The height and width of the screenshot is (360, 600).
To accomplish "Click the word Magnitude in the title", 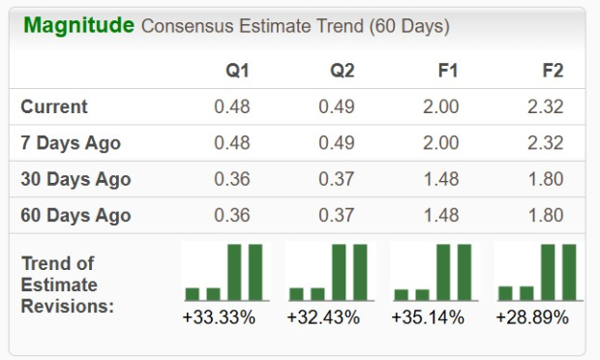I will point(78,25).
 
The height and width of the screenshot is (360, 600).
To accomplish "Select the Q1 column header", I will point(237,72).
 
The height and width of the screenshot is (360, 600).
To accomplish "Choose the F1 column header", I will point(447,72).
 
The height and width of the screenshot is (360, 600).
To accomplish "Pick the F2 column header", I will point(553,72).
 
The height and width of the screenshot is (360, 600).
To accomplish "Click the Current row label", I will point(54,106).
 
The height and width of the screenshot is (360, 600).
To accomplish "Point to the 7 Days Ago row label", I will point(71,142).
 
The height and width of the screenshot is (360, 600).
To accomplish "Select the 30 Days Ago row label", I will point(75,179).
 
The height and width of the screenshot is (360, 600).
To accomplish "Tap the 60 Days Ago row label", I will point(75,215).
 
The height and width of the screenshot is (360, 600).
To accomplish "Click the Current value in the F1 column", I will point(441,106).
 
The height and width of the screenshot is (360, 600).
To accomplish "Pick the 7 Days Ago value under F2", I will point(546,142).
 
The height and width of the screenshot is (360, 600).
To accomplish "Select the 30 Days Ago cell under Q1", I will point(232,179).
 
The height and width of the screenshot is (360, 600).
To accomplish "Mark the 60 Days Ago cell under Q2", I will point(337,215).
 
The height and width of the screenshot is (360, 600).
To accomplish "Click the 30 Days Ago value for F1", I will point(441,179).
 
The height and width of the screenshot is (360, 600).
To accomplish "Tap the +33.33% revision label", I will point(219,316).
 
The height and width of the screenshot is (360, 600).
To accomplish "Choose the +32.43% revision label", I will point(323,316).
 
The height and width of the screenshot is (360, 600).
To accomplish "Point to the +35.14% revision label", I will point(428,316).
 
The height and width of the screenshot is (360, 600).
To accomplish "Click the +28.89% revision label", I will point(532,316).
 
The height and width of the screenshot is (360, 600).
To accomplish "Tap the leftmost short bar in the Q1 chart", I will point(193,293).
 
